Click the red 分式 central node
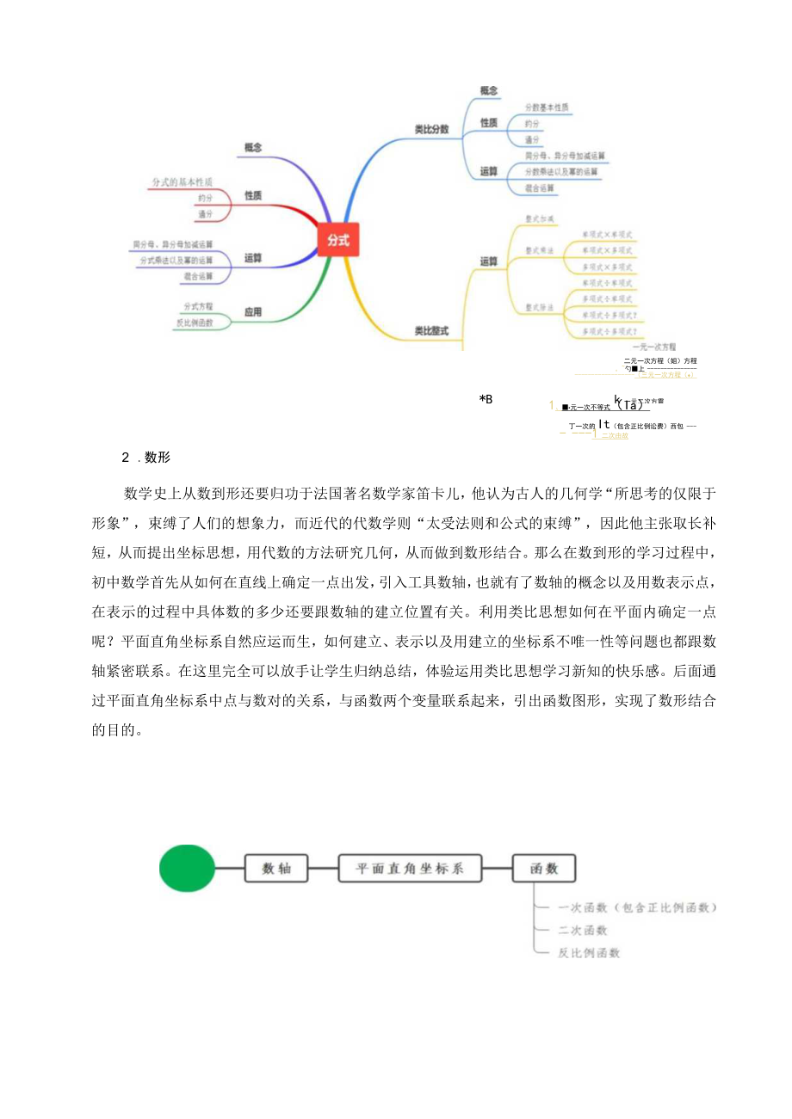338,241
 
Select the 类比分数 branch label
431,129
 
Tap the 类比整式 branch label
431,329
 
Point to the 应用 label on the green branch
252,313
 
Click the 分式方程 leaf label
198,305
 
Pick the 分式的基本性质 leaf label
182,181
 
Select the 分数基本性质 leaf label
547,108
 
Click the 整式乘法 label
540,249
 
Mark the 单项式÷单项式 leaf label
607,283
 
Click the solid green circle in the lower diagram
187,869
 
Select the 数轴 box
276,869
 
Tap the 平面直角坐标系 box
410,869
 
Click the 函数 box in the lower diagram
543,869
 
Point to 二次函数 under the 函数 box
583,930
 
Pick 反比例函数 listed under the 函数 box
589,952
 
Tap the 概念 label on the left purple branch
252,147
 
